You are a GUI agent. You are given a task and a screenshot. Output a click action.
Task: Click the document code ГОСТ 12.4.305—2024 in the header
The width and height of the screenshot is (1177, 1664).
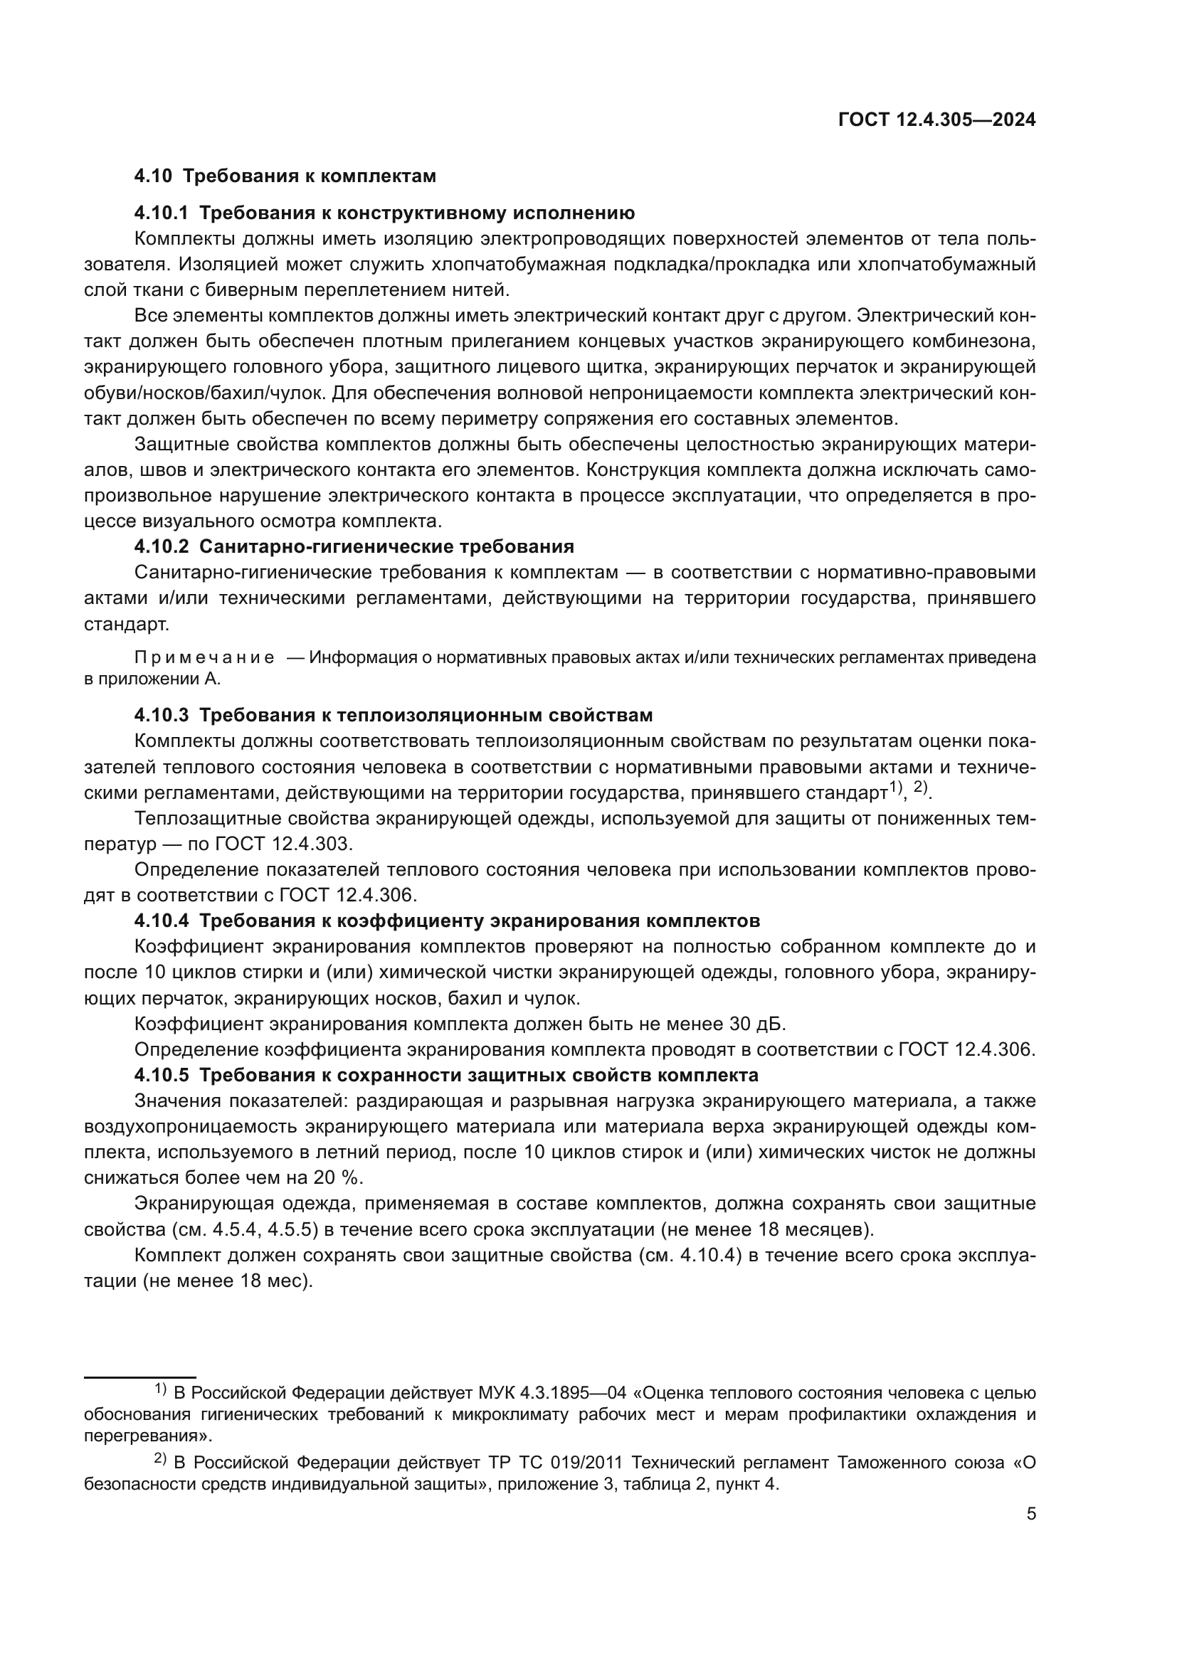coord(936,120)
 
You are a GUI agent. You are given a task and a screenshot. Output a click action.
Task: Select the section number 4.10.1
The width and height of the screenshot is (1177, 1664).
coord(161,213)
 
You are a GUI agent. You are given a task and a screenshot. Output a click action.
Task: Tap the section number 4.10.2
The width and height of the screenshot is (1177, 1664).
coord(161,546)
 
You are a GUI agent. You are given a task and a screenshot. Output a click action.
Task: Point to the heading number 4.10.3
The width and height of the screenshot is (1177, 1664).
coord(161,715)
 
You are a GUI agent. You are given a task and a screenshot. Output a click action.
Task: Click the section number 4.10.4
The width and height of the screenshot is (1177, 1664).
coord(161,921)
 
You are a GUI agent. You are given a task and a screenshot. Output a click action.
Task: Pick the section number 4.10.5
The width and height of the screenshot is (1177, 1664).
coord(161,1075)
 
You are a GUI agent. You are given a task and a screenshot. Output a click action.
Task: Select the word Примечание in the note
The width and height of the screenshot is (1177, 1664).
coord(204,658)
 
